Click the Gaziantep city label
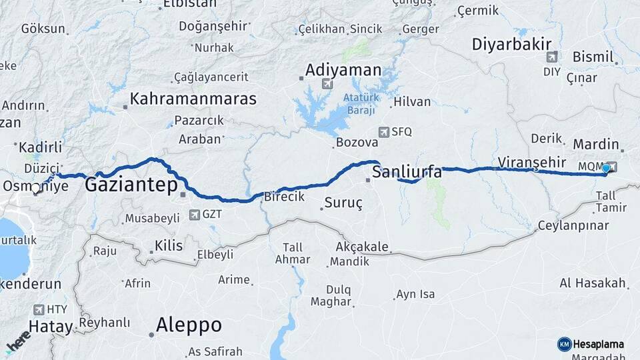coord(131,185)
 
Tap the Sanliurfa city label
coord(406,172)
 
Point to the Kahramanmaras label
coord(193,99)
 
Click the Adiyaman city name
coord(343,70)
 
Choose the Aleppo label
coord(189,325)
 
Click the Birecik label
coord(284,197)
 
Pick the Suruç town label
coord(343,203)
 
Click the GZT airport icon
coord(194,215)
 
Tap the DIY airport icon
coord(551,57)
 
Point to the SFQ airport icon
coord(384,131)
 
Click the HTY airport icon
coord(39,309)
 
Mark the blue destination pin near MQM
coord(605,169)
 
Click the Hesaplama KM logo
coord(564,344)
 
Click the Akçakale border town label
coord(362,247)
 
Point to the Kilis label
coord(168,246)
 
